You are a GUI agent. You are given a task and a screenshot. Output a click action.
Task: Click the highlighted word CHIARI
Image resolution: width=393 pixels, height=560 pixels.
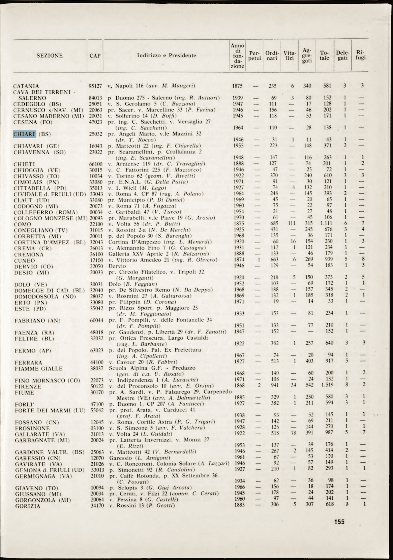pyautogui.click(x=25, y=134)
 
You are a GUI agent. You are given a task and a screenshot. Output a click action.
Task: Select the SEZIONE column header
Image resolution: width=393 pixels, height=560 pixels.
pyautogui.click(x=50, y=56)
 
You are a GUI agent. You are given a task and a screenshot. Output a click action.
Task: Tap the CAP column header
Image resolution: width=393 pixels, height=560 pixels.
pyautogui.click(x=95, y=56)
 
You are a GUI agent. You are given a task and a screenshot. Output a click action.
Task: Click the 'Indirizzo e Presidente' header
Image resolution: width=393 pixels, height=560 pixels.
pyautogui.click(x=167, y=55)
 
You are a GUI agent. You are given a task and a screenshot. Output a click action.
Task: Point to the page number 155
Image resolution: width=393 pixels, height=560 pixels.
pyautogui.click(x=339, y=522)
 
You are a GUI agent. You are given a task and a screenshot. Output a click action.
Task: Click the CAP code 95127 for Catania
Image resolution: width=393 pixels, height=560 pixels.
pyautogui.click(x=95, y=86)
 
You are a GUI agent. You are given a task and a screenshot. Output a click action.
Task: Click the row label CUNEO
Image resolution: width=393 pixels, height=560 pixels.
pyautogui.click(x=24, y=260)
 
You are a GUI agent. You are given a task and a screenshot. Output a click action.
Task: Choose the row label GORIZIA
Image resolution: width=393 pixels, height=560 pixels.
pyautogui.click(x=28, y=506)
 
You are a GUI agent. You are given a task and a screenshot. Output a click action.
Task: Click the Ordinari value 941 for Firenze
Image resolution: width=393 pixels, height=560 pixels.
pyautogui.click(x=275, y=385)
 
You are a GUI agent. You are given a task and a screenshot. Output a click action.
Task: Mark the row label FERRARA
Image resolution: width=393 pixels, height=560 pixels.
pyautogui.click(x=28, y=363)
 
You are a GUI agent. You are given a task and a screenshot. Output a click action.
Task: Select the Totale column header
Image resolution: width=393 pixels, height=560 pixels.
pyautogui.click(x=325, y=56)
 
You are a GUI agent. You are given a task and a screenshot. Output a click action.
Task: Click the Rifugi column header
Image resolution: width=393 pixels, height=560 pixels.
pyautogui.click(x=361, y=56)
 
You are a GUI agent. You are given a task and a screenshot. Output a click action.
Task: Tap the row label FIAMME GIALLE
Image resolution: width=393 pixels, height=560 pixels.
pyautogui.click(x=38, y=369)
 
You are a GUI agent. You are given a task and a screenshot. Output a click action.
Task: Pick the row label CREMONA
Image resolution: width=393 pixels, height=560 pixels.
pyautogui.click(x=29, y=254)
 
